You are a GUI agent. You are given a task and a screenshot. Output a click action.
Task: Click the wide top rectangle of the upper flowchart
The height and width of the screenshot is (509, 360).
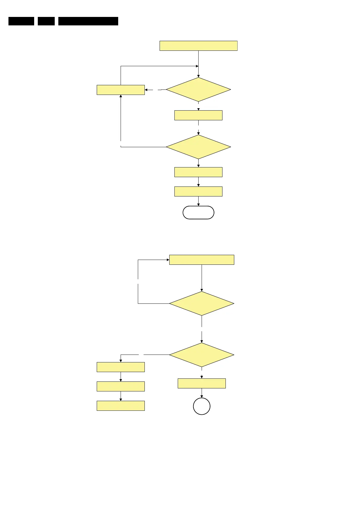[x=198, y=46]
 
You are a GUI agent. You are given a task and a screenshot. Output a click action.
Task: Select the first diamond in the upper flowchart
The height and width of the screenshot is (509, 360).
[x=198, y=89]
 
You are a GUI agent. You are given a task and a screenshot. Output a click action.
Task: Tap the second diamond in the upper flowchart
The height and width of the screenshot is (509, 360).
[x=198, y=147]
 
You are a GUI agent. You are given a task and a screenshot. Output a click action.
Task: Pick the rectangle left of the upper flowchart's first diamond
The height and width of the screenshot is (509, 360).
[x=121, y=90]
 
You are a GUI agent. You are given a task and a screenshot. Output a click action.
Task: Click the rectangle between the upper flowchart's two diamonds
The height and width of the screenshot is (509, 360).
[x=198, y=115]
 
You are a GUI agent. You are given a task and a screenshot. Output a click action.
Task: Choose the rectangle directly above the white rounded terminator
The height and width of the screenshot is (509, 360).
[x=198, y=191]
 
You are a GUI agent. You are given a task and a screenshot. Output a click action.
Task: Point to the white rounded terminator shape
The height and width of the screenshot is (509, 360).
[x=198, y=212]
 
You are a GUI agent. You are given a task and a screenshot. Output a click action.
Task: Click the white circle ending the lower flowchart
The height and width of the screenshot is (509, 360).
[x=202, y=406]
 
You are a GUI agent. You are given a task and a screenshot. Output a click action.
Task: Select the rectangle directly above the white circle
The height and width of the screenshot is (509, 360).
[x=202, y=383]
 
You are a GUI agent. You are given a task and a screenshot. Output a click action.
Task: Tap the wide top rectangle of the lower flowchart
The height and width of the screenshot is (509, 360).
[x=202, y=260]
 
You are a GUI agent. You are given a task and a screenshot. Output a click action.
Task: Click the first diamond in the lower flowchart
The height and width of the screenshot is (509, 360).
[x=202, y=303]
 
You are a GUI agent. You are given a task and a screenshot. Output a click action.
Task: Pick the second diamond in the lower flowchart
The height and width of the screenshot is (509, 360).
[x=202, y=355]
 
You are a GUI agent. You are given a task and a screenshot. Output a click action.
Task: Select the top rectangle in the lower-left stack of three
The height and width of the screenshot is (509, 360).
[x=121, y=367]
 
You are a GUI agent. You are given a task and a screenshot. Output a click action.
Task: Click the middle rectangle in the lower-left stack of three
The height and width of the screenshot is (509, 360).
[x=121, y=386]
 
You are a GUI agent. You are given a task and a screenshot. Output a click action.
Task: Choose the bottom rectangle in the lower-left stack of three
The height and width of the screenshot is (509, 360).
[x=121, y=406]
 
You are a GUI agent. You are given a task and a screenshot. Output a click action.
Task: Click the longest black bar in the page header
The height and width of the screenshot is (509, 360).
[x=88, y=21]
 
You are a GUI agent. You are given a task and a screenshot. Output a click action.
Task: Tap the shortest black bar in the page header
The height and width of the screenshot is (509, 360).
[x=46, y=21]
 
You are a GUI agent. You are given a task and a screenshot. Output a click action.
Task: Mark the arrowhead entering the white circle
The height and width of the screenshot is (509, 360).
[x=202, y=396]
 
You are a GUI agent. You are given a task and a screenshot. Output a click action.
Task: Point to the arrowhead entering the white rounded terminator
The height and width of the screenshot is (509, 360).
[x=198, y=205]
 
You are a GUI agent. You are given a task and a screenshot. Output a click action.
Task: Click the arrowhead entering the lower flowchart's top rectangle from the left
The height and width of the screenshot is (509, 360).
[x=167, y=260]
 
